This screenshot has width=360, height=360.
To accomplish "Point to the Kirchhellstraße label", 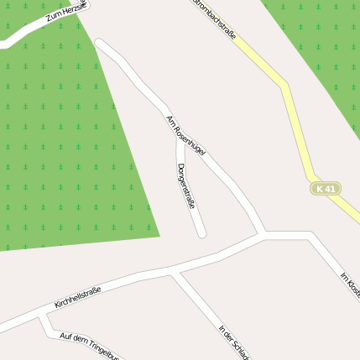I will click(77, 296).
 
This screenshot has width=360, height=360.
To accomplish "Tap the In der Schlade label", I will click(233, 342).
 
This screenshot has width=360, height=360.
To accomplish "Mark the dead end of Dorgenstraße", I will click(201, 232).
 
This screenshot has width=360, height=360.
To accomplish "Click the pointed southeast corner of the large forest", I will click(159, 236).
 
